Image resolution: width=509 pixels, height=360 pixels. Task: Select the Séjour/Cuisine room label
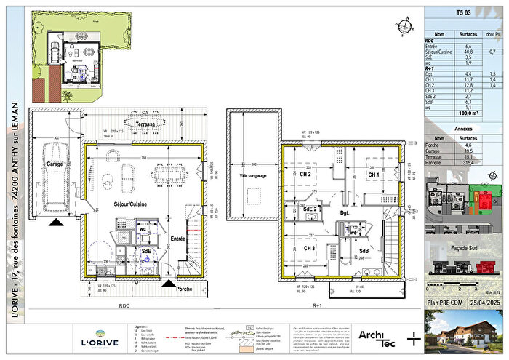click(x=132, y=205)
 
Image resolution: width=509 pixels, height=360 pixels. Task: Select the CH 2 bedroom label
click(x=304, y=175)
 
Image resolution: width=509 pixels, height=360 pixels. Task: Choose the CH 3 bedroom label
click(x=310, y=248)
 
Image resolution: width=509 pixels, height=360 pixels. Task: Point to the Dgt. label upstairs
click(x=345, y=212)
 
